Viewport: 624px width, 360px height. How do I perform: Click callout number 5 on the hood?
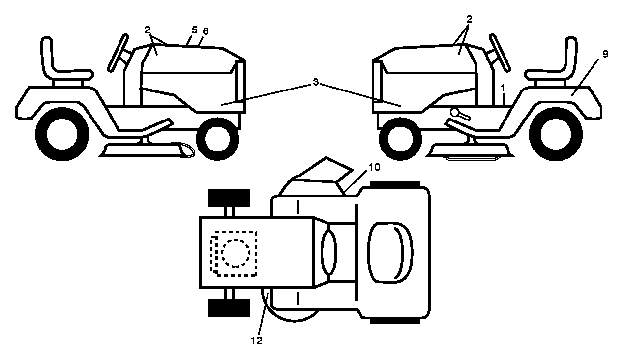click(x=194, y=30)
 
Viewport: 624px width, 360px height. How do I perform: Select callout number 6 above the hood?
click(x=206, y=31)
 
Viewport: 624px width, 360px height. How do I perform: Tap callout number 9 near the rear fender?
click(x=605, y=54)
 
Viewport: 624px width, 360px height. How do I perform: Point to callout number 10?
click(x=374, y=167)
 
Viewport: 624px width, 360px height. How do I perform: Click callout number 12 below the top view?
click(x=256, y=340)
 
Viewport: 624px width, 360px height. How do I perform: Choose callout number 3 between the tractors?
click(x=316, y=82)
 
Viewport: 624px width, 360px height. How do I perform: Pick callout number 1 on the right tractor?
click(x=503, y=89)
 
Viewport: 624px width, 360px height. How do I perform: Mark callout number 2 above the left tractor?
click(x=148, y=30)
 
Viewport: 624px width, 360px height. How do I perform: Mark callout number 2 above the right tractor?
click(x=469, y=19)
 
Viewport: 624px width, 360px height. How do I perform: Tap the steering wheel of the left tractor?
click(x=118, y=53)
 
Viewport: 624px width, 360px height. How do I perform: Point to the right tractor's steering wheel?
click(x=500, y=53)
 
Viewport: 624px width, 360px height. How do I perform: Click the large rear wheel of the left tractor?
click(x=62, y=134)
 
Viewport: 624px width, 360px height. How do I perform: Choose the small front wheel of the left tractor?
click(x=217, y=139)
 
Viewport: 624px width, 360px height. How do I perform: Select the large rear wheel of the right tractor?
click(x=556, y=134)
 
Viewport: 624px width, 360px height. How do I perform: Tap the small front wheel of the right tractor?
click(x=400, y=139)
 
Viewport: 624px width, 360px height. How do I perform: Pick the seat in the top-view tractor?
click(x=390, y=253)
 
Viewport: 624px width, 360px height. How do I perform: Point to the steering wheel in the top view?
click(x=329, y=253)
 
